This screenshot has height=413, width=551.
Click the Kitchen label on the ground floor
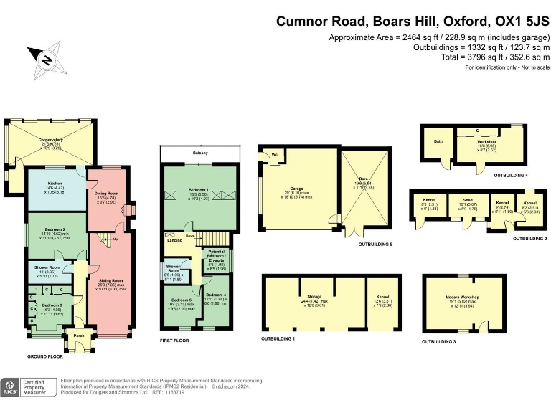pos(55,184)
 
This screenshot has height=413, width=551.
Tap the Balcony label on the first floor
pos(199,153)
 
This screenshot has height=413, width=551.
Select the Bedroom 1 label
pos(199,191)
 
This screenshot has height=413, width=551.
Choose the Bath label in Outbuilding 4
pos(438,141)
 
